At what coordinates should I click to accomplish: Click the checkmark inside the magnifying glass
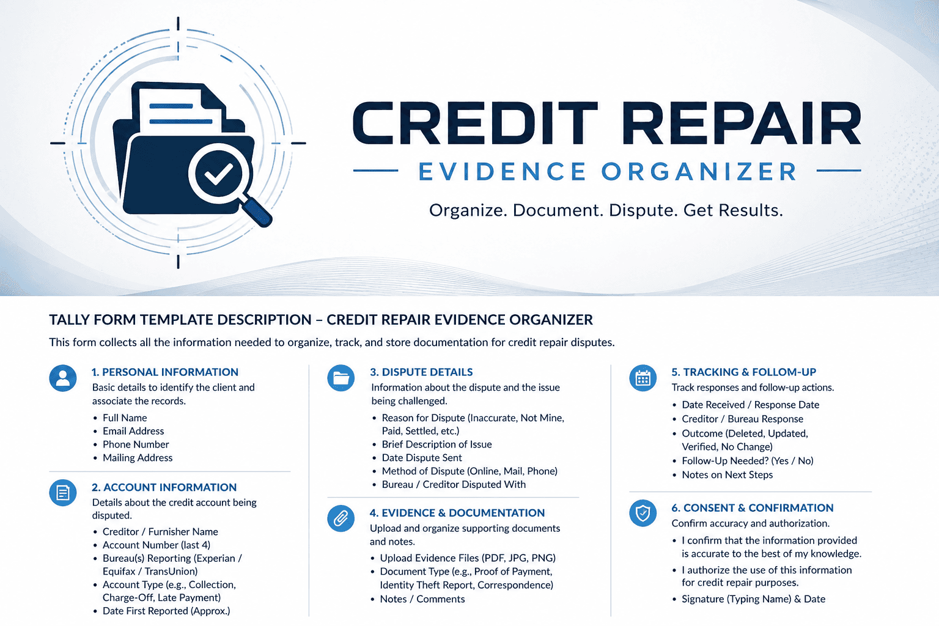tap(218, 173)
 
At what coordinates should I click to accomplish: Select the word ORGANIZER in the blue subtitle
tap(699, 172)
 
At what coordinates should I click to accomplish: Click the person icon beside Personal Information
tap(63, 378)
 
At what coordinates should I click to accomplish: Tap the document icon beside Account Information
tap(63, 493)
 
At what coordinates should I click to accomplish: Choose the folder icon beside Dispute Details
tap(341, 378)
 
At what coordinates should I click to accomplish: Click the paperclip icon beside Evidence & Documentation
tap(341, 518)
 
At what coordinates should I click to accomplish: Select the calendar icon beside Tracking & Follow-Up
tap(643, 378)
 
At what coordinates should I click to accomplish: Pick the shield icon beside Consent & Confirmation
tap(643, 514)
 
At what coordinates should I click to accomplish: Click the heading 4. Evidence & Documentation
tap(457, 513)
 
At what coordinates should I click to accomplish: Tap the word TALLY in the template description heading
tap(69, 320)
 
